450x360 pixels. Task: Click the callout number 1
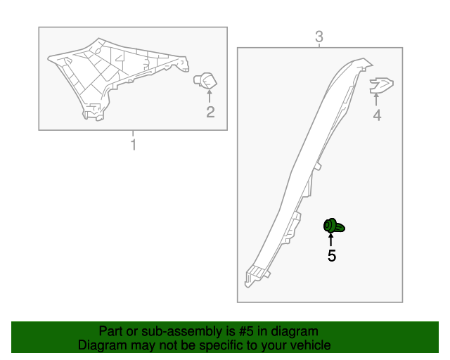click(134, 145)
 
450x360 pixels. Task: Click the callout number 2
click(210, 112)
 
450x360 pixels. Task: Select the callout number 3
click(319, 37)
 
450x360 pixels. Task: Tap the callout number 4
click(377, 115)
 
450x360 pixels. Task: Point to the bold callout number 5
click(332, 255)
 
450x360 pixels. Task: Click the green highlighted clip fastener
click(334, 226)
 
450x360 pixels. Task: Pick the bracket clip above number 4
click(381, 85)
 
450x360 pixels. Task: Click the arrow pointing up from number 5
click(331, 240)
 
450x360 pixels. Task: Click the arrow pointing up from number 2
click(210, 96)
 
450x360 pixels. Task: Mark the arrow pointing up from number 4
click(376, 100)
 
